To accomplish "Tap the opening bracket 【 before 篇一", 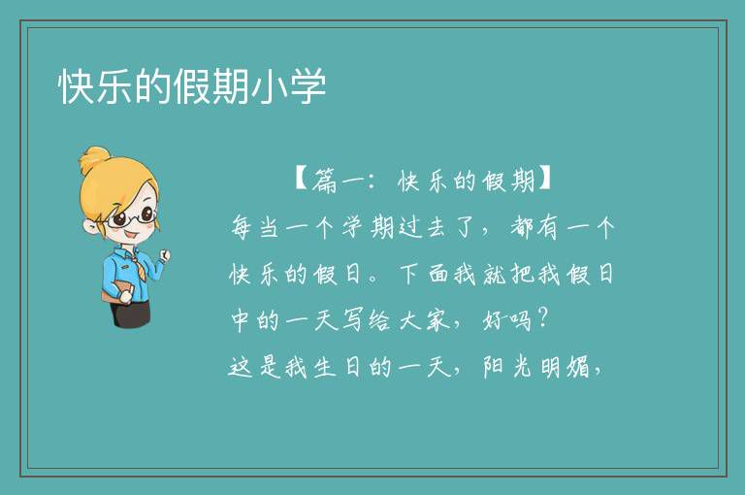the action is point(302,180).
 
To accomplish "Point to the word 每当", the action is point(254,228).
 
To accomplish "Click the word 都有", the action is point(534,228).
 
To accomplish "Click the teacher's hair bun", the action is point(96,159).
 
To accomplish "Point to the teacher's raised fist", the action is point(164,256).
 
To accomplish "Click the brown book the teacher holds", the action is point(116,291).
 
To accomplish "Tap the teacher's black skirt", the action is point(131,314).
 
